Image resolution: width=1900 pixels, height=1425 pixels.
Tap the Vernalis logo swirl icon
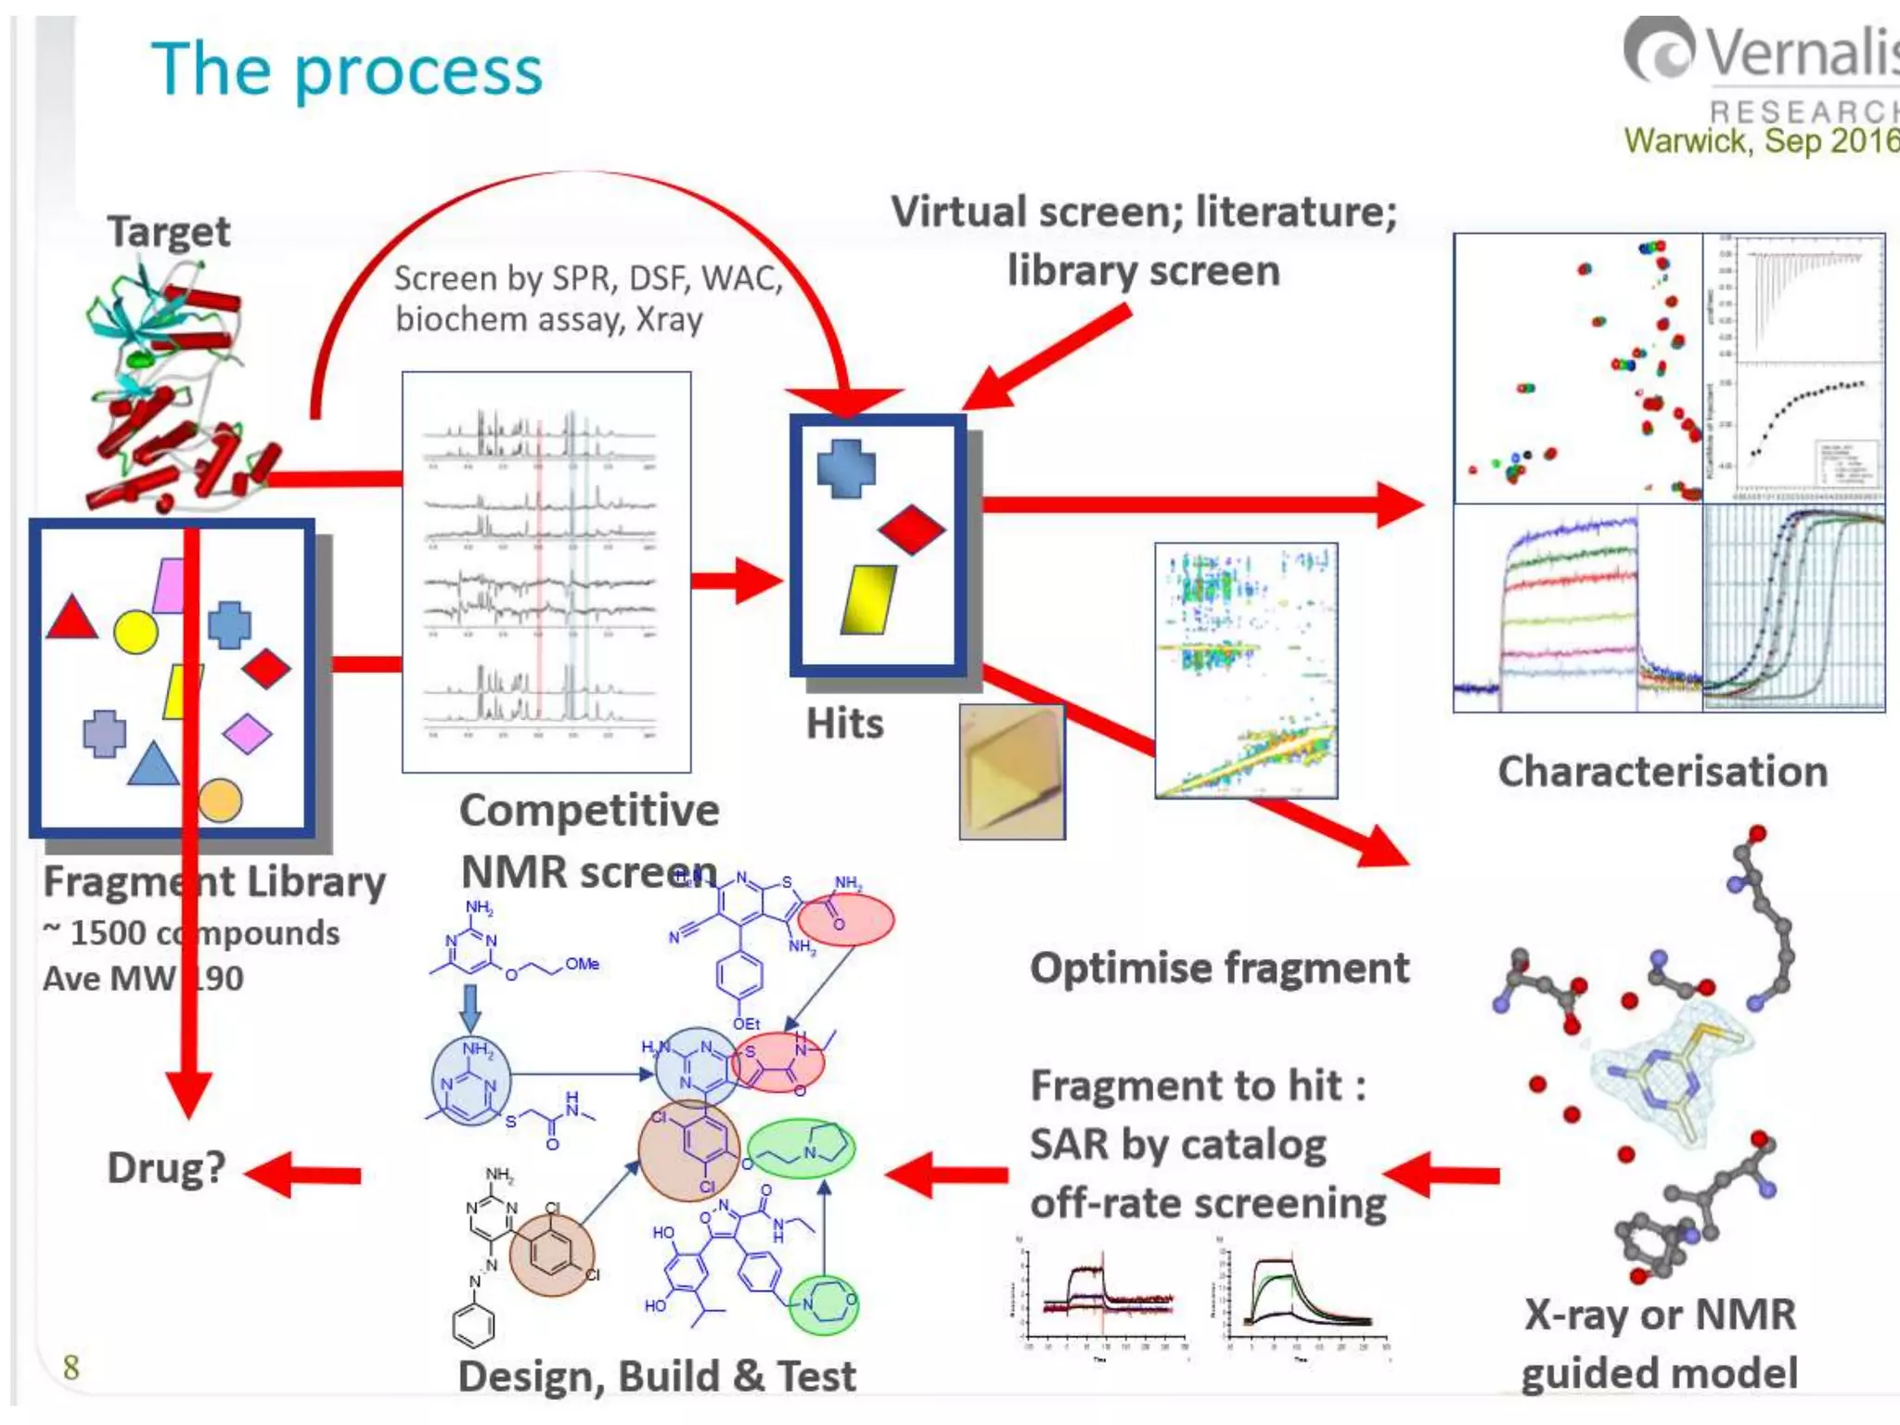click(1662, 51)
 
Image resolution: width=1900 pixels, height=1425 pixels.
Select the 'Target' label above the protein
click(168, 230)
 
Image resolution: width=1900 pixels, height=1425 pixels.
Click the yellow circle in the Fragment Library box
click(135, 633)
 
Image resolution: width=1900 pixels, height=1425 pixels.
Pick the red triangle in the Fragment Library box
click(71, 620)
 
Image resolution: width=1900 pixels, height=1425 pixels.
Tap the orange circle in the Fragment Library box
click(220, 801)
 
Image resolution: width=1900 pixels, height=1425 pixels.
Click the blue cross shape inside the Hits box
click(845, 468)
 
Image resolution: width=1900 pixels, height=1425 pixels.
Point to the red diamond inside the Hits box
click(911, 530)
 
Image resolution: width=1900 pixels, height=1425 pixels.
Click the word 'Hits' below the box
click(844, 724)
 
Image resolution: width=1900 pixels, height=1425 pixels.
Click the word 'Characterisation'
click(1662, 772)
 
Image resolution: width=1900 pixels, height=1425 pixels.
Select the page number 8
click(71, 1367)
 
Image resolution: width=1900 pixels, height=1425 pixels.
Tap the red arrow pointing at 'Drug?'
click(303, 1175)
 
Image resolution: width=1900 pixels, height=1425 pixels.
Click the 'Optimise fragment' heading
click(1219, 968)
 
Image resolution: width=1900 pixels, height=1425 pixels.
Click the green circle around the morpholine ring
click(823, 1304)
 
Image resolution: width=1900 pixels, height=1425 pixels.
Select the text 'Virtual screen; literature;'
click(1143, 212)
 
